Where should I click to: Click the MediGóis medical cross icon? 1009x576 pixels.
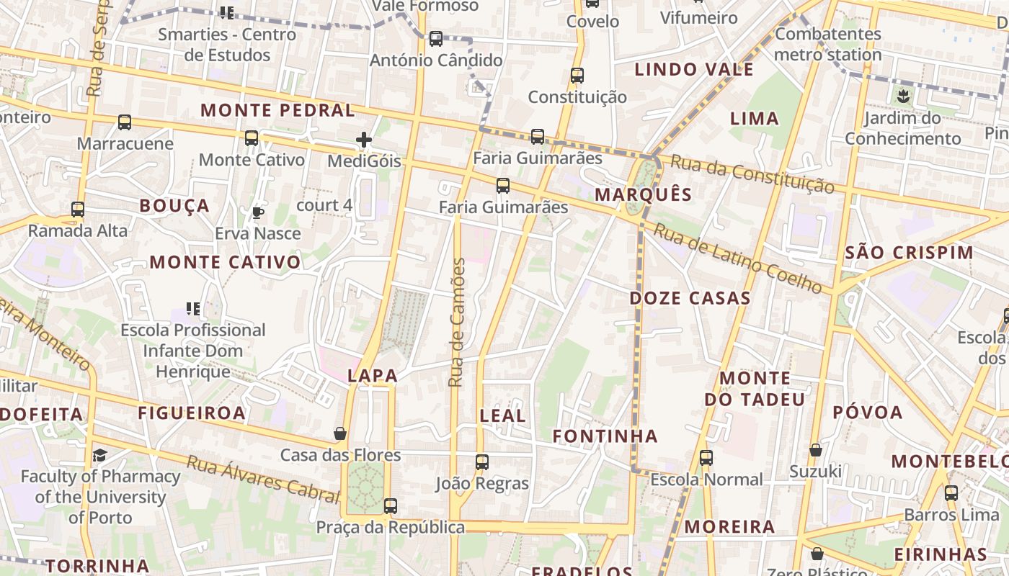364,140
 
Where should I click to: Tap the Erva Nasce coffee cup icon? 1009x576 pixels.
257,212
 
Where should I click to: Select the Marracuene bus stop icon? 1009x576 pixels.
125,122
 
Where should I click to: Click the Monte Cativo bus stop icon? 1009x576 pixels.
251,138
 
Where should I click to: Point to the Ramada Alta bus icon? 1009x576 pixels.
77,210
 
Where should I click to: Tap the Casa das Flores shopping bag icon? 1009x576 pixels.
340,433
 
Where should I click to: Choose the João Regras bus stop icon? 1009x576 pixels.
481,462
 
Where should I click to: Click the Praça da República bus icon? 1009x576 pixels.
390,506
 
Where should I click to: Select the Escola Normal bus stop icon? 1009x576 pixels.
706,458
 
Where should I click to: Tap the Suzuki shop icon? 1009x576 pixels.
815,450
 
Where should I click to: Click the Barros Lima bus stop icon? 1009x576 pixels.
951,493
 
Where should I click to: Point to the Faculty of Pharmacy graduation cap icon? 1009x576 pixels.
99,455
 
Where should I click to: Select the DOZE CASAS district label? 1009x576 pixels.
690,298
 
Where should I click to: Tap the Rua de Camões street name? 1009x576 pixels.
457,323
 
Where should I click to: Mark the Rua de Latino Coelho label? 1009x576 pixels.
737,258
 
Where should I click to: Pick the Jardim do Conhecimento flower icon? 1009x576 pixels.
902,95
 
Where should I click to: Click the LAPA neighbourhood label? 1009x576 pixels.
373,375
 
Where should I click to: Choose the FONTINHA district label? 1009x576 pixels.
605,436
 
